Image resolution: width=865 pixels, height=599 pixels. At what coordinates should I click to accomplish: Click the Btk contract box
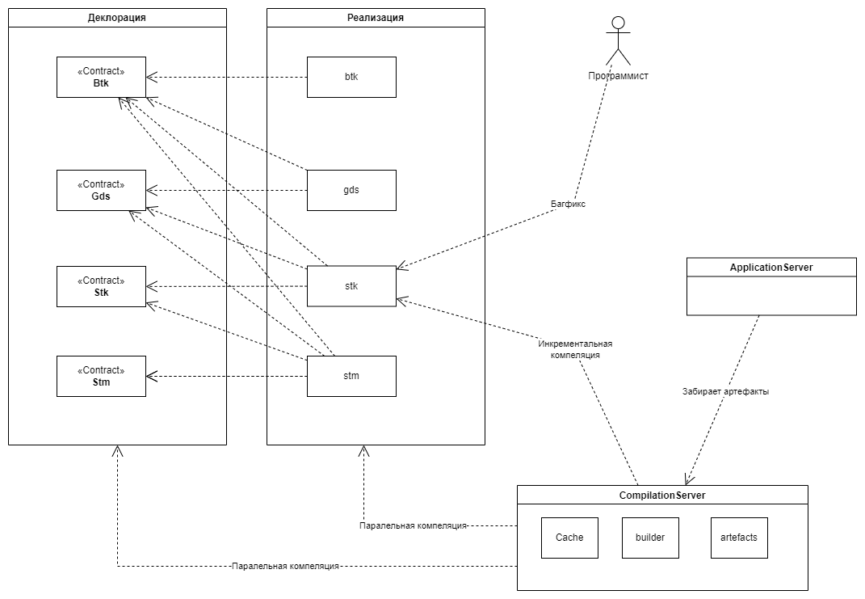(x=101, y=77)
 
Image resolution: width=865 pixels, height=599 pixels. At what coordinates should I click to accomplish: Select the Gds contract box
(x=101, y=190)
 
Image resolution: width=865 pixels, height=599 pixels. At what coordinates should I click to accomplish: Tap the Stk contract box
(x=101, y=286)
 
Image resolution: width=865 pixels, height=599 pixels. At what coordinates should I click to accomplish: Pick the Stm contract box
(x=101, y=376)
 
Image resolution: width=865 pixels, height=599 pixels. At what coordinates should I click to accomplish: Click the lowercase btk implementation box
(x=351, y=77)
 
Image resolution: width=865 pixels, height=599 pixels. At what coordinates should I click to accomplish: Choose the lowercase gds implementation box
(x=351, y=190)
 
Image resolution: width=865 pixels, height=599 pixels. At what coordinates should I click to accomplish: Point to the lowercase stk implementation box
(x=351, y=286)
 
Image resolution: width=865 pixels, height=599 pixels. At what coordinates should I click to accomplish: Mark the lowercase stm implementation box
(x=351, y=376)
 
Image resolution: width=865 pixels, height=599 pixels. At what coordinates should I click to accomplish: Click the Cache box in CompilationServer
(x=569, y=538)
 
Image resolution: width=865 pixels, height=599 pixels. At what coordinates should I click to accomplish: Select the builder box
(x=650, y=538)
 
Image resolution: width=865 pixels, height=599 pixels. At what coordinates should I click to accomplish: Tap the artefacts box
(x=739, y=538)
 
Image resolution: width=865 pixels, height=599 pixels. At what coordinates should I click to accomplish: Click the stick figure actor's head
(x=619, y=23)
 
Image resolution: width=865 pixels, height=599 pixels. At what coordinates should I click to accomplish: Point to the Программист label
(x=619, y=76)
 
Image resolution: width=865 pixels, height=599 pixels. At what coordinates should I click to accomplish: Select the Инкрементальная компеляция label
(x=576, y=348)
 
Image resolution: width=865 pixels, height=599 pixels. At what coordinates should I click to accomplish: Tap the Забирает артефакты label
(x=726, y=391)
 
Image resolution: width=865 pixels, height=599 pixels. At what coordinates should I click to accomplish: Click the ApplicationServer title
(x=771, y=267)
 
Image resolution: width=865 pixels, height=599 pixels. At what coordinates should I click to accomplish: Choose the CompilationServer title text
(x=661, y=495)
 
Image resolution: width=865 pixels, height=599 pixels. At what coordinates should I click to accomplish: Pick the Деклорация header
(x=117, y=17)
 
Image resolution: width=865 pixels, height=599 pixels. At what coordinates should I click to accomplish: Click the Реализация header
(x=376, y=17)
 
